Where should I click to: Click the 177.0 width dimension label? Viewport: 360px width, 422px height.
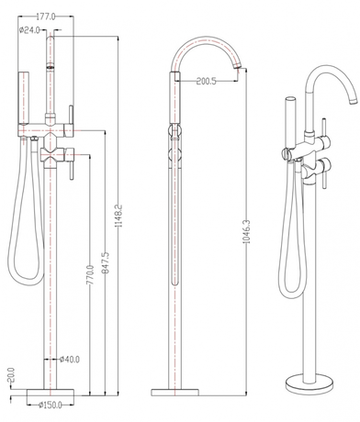[46, 17]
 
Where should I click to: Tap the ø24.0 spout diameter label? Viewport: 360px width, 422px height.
[29, 30]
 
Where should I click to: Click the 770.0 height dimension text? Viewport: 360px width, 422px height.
[91, 275]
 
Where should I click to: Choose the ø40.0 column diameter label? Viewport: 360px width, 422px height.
[70, 360]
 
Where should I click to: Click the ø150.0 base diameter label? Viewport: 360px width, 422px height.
[51, 405]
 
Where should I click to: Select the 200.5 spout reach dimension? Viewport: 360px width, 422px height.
[207, 82]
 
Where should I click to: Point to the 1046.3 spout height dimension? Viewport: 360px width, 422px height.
[247, 231]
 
